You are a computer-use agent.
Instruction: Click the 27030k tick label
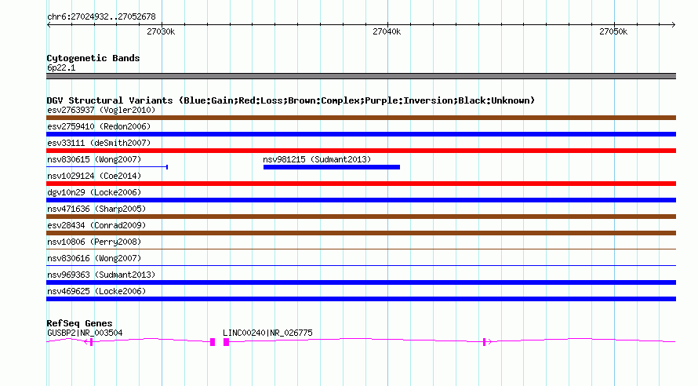pyautogui.click(x=161, y=31)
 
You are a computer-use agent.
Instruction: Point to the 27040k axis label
pyautogui.click(x=387, y=31)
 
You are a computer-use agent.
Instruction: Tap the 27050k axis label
pyautogui.click(x=613, y=31)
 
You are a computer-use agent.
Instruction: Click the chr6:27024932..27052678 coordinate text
pyautogui.click(x=101, y=16)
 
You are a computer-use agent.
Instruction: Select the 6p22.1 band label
pyautogui.click(x=61, y=67)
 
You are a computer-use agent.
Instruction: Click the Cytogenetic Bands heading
pyautogui.click(x=93, y=58)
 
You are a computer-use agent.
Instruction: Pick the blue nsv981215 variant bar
pyautogui.click(x=332, y=167)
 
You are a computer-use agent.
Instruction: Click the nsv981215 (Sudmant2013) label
pyautogui.click(x=317, y=159)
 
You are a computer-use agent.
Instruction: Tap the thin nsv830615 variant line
pyautogui.click(x=107, y=167)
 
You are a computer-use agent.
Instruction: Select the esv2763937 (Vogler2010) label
pyautogui.click(x=101, y=110)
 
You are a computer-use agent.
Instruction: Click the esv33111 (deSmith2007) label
pyautogui.click(x=99, y=143)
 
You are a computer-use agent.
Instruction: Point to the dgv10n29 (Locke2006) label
pyautogui.click(x=94, y=192)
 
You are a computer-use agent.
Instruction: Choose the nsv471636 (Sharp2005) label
pyautogui.click(x=96, y=209)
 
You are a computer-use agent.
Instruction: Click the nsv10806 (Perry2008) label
pyautogui.click(x=94, y=242)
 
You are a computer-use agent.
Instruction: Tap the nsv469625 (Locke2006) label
pyautogui.click(x=96, y=291)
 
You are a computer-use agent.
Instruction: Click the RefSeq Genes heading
pyautogui.click(x=80, y=323)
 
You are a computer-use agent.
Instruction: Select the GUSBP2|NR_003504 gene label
pyautogui.click(x=85, y=333)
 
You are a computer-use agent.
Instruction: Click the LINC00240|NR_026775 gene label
pyautogui.click(x=267, y=333)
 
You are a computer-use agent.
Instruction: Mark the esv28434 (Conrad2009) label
pyautogui.click(x=96, y=225)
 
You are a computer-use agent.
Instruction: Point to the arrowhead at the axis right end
pyautogui.click(x=674, y=25)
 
